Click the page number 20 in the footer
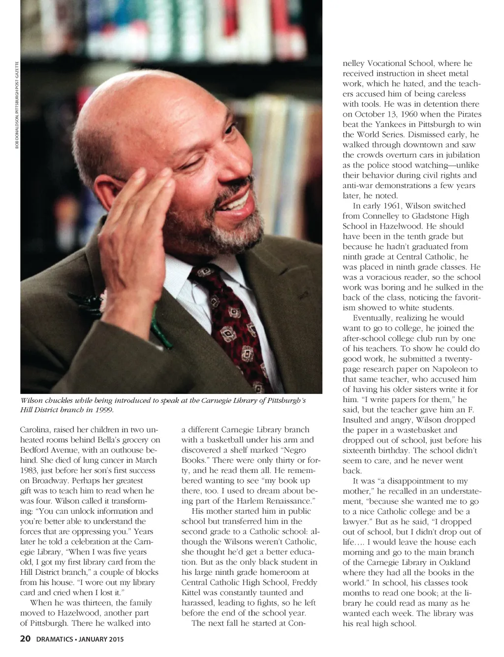25,639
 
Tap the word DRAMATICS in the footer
54,640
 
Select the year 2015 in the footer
115,640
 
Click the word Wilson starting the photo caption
31,400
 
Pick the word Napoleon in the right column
446,369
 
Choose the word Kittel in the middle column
191,592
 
